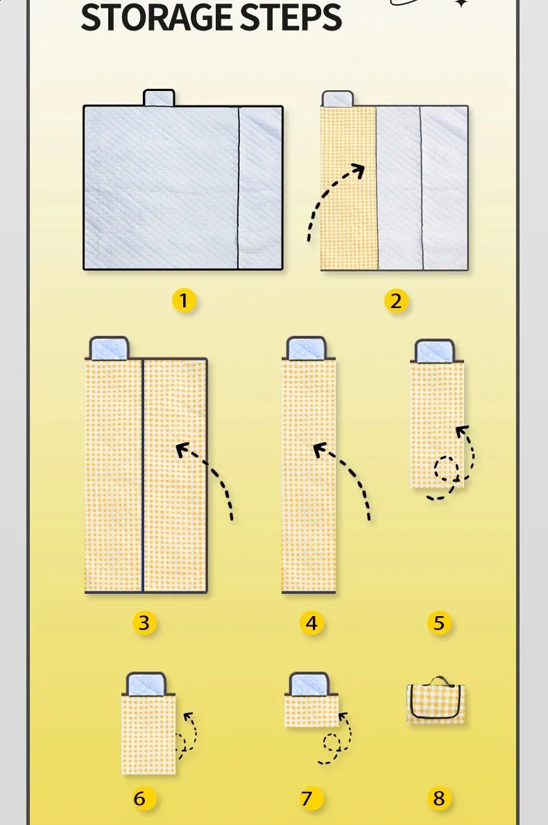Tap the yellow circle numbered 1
(183, 300)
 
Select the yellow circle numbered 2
(395, 301)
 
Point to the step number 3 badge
(144, 623)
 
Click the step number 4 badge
(311, 623)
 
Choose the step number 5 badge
(439, 623)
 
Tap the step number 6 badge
(139, 798)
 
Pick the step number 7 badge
(307, 798)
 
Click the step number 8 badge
(439, 798)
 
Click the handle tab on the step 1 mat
(159, 98)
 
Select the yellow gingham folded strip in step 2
(348, 188)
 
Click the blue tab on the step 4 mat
(307, 348)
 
